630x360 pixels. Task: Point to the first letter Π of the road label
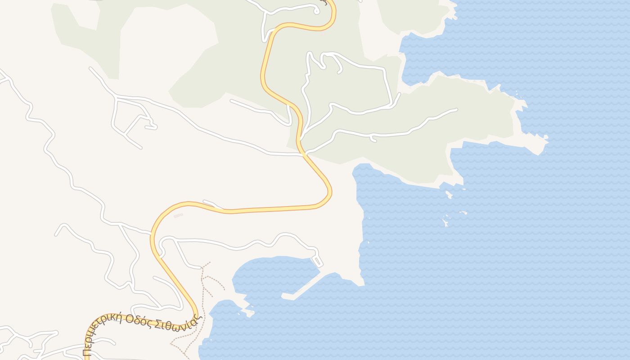click(x=86, y=352)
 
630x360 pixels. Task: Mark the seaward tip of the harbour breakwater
click(x=283, y=296)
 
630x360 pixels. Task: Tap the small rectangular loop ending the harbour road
click(x=317, y=261)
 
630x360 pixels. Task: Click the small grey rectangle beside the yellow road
click(x=178, y=216)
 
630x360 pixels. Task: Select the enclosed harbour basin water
click(x=274, y=274)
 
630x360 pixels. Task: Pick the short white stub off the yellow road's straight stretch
click(x=211, y=204)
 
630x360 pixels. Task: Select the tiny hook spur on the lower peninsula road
click(x=373, y=140)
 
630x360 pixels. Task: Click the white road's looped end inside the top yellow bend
click(x=317, y=10)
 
